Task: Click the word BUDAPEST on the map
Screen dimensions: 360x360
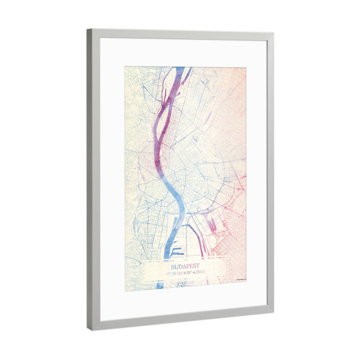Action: pos(185,263)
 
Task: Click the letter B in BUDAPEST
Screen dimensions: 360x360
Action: pos(172,263)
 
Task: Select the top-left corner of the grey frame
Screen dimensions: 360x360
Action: pos(88,29)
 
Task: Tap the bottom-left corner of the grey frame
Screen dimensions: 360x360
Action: pos(88,329)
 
